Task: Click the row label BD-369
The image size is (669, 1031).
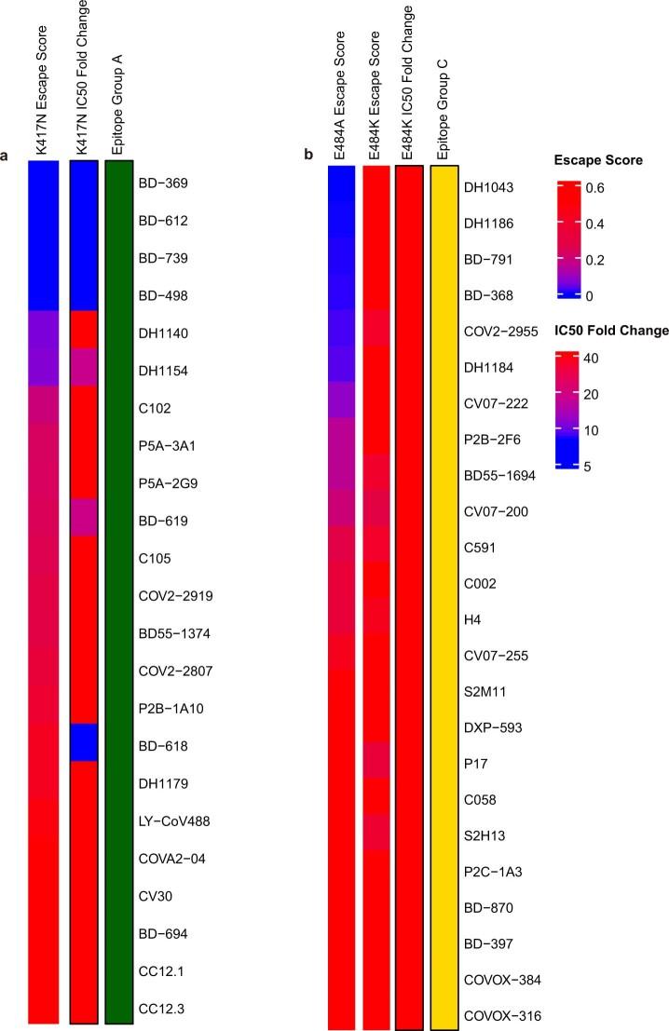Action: pyautogui.click(x=163, y=183)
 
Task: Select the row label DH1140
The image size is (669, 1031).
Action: pyautogui.click(x=164, y=333)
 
